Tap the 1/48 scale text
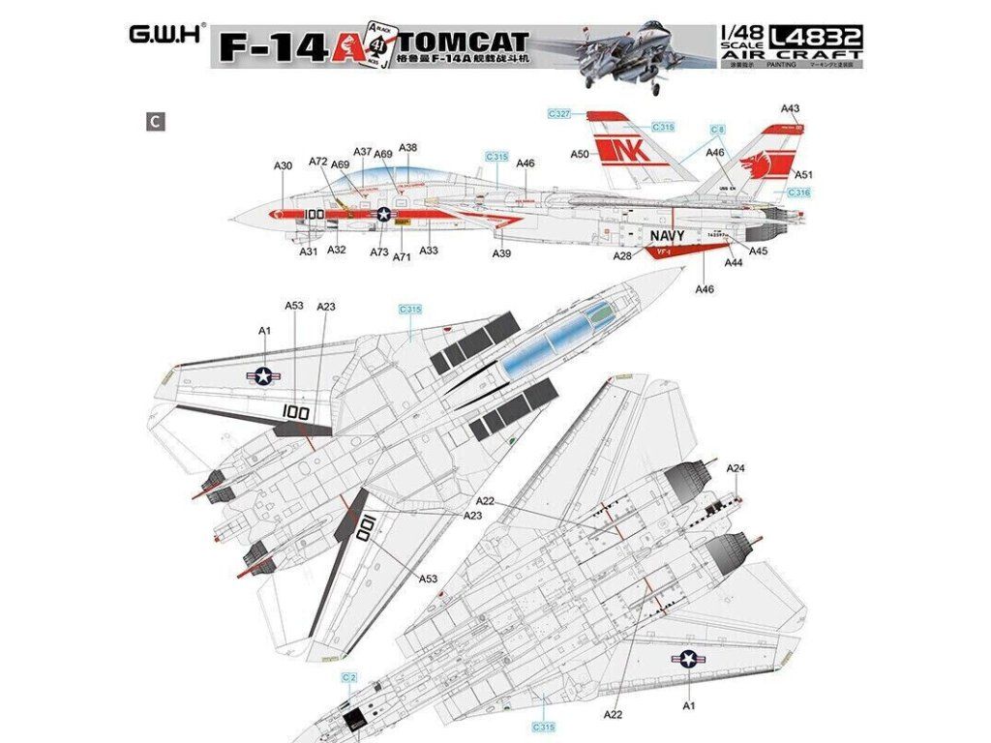tap(735, 36)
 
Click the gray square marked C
tap(152, 121)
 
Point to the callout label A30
tap(283, 166)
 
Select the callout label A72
tap(317, 161)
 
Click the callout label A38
tap(407, 148)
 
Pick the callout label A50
tap(580, 154)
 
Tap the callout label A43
tap(790, 108)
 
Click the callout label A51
tap(803, 175)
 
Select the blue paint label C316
tap(797, 193)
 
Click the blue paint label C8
tap(717, 130)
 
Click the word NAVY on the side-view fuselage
tap(668, 236)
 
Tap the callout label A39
tap(501, 253)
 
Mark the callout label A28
tap(622, 255)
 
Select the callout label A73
tap(379, 252)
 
